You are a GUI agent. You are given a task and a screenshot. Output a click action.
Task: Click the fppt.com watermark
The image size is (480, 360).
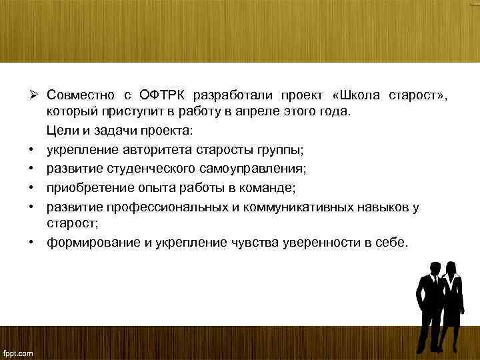click(18, 353)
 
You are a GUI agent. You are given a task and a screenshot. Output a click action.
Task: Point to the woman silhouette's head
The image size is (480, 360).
click(453, 267)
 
